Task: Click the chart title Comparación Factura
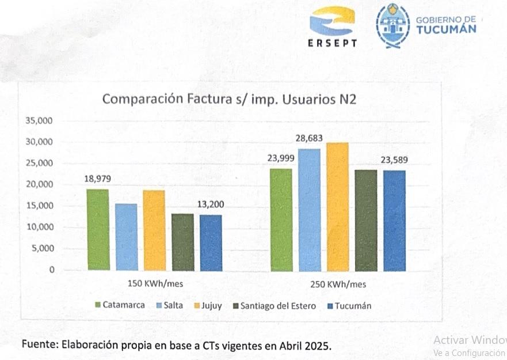pos(229,98)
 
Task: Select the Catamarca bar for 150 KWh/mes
pos(98,229)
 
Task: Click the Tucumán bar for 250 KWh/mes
pos(394,220)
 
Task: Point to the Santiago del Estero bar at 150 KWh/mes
pos(182,241)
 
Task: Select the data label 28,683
pos(309,138)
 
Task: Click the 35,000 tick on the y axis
pos(40,121)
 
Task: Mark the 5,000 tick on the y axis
pos(41,249)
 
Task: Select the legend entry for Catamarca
pos(120,305)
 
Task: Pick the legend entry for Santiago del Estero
pos(274,306)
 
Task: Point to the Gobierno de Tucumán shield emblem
pos(392,25)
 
